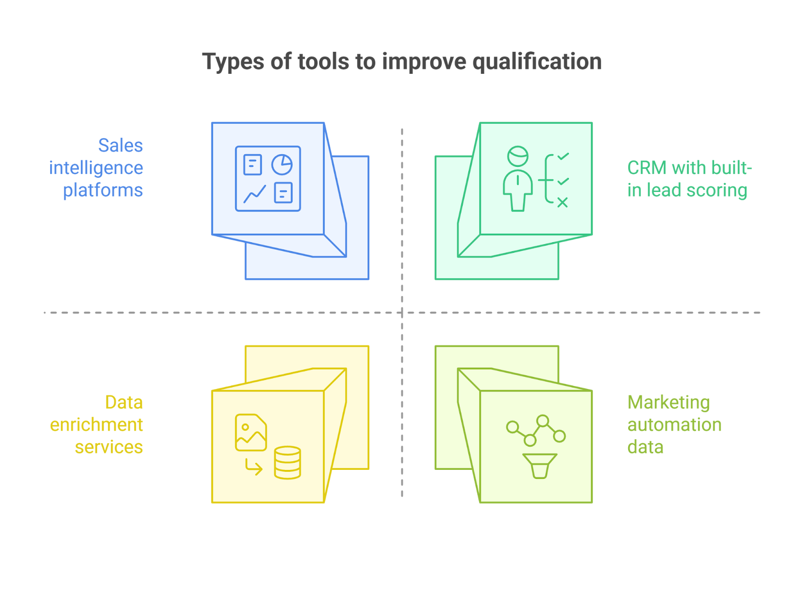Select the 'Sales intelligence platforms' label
click(96, 168)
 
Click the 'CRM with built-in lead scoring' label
click(689, 179)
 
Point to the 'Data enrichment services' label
click(96, 425)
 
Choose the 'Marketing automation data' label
click(674, 425)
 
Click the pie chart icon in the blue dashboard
click(282, 164)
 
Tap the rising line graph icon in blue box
click(254, 194)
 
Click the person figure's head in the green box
click(518, 155)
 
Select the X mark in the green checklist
click(562, 202)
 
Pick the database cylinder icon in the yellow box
click(287, 462)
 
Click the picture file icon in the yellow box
click(251, 432)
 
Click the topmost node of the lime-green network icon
click(543, 420)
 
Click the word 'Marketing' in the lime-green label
click(668, 403)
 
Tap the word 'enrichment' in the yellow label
click(96, 425)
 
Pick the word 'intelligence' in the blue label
click(96, 168)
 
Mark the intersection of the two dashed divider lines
click(402, 313)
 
